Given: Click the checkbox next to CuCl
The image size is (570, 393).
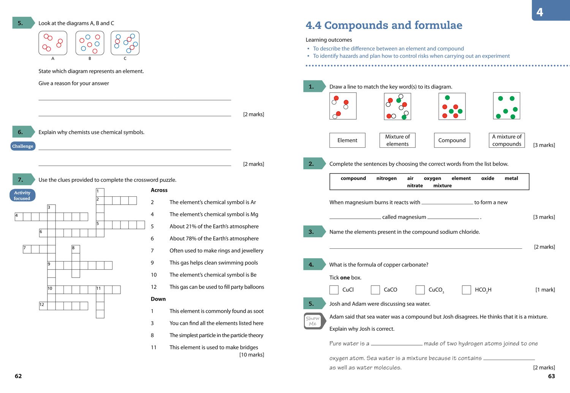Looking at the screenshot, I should click(x=334, y=290).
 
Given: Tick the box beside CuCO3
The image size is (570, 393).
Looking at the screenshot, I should click(x=420, y=290).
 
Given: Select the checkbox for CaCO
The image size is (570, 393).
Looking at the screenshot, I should click(x=375, y=290).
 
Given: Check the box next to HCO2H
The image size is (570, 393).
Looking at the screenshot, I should click(x=466, y=290).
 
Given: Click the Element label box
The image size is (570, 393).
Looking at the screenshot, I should click(x=347, y=140).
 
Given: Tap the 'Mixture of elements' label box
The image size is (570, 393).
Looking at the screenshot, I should click(x=397, y=140).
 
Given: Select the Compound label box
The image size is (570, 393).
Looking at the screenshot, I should click(x=452, y=140).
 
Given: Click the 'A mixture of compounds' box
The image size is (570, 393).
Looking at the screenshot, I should click(x=507, y=140).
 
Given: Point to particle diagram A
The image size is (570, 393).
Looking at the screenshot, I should click(x=53, y=43).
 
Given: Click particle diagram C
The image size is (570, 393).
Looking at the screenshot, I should click(x=125, y=43).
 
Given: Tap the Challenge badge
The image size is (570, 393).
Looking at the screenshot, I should click(x=23, y=146).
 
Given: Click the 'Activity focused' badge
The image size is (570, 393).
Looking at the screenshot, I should click(x=22, y=195).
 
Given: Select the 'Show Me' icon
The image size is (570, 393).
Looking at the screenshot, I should click(x=313, y=321).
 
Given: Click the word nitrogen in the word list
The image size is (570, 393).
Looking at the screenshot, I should click(x=386, y=178).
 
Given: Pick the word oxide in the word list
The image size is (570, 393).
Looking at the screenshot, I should click(x=488, y=178).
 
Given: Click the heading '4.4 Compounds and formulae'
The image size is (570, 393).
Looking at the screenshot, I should click(x=384, y=25).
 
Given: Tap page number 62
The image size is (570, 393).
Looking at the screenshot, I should click(x=18, y=376).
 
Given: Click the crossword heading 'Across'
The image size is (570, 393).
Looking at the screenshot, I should click(x=159, y=190).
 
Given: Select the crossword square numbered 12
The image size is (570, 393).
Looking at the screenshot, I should click(x=43, y=306).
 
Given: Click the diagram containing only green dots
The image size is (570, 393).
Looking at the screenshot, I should click(x=507, y=106).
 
